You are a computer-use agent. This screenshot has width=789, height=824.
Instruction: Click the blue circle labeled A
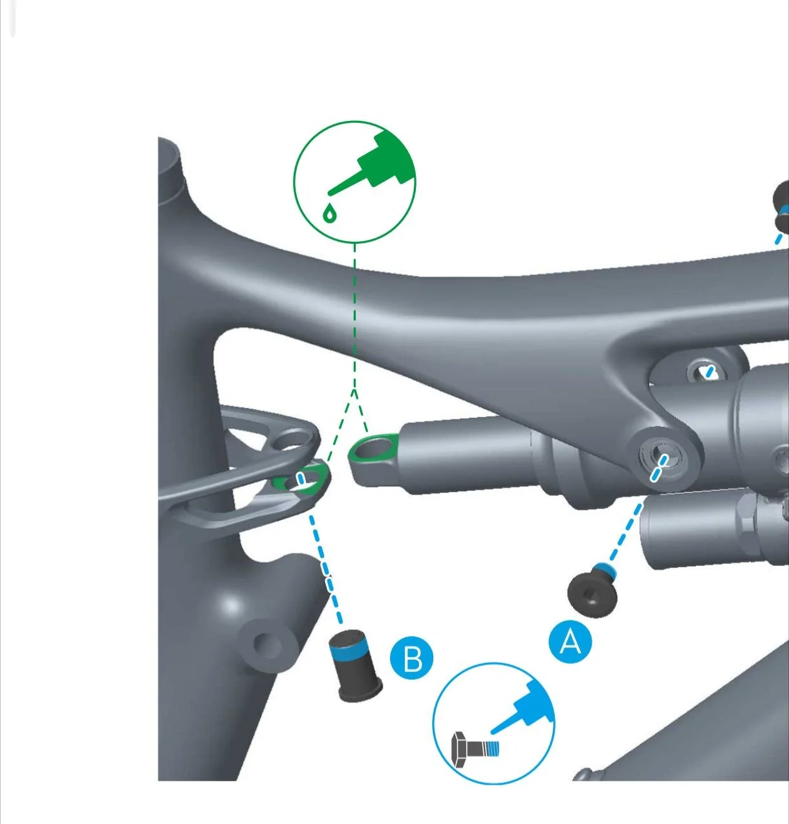pos(570,642)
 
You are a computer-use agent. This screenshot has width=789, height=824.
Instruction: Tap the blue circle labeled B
pos(412,658)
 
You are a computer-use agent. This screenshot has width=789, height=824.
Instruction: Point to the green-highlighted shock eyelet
pos(373,450)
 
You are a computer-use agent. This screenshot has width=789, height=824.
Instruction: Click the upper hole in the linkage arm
pos(289,440)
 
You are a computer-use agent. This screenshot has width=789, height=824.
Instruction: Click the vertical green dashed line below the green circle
pos(354,316)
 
